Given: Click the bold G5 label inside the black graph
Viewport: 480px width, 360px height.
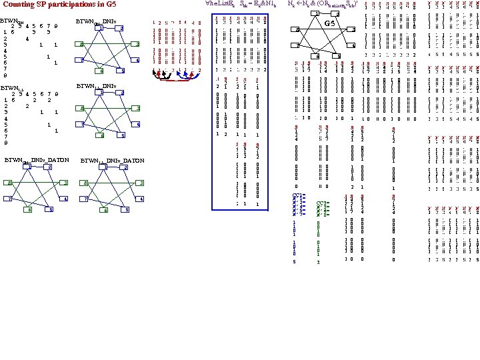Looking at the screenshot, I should (x=329, y=24).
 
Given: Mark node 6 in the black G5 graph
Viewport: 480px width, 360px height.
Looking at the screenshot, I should (x=319, y=55).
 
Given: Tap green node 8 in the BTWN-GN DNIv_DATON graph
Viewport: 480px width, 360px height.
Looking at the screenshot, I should (x=9, y=183).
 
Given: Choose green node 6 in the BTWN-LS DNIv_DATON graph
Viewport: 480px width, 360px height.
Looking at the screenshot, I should (x=105, y=210).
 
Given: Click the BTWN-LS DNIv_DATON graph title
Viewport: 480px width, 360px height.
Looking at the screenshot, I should (x=112, y=161).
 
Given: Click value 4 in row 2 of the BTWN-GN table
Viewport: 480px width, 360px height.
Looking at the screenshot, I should (x=27, y=37).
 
